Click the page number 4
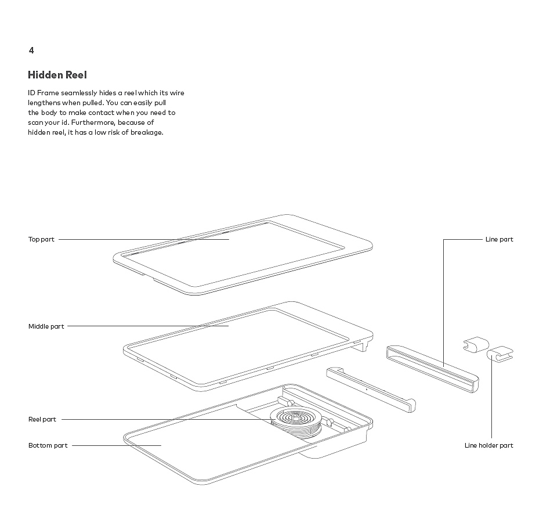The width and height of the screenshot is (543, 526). (x=31, y=51)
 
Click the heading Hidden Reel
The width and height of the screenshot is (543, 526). (x=57, y=75)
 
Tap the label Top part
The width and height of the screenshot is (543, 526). (x=41, y=239)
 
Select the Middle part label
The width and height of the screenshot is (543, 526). (x=46, y=326)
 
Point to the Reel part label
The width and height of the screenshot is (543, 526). (x=42, y=419)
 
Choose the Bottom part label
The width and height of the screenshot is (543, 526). (x=48, y=445)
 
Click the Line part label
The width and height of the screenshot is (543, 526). (x=499, y=239)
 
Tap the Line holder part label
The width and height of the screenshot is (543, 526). (x=488, y=445)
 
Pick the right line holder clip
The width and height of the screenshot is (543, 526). (x=501, y=354)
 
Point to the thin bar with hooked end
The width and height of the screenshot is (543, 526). (x=371, y=389)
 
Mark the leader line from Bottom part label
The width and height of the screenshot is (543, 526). (x=116, y=445)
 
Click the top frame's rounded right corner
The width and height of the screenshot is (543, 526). (x=367, y=244)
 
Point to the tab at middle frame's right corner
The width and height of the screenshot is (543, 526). (x=364, y=345)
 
